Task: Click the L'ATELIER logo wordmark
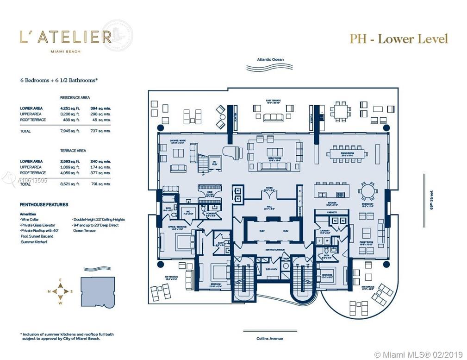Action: click(x=65, y=37)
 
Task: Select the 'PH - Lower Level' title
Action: click(x=399, y=38)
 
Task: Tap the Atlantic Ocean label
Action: click(x=271, y=60)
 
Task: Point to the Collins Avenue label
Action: click(x=270, y=338)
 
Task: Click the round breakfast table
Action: click(x=368, y=190)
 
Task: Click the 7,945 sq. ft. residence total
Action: click(x=70, y=131)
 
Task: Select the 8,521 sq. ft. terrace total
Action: click(x=70, y=184)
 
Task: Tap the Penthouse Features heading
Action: click(x=44, y=204)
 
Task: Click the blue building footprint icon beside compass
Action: click(x=98, y=291)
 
